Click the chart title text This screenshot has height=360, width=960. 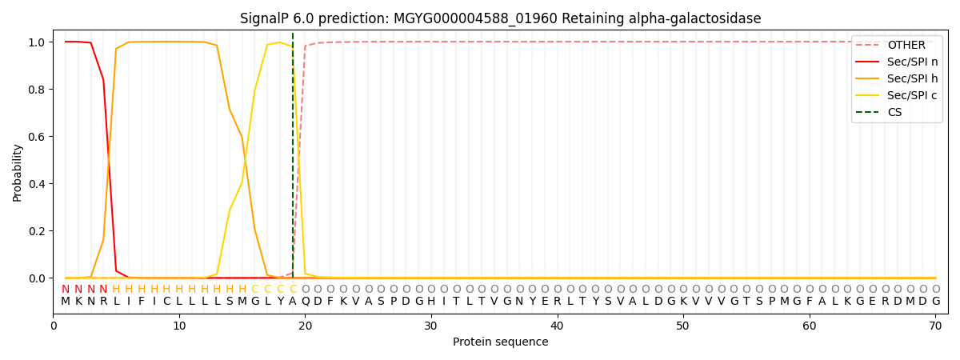500,18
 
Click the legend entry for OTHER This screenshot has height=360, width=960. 906,46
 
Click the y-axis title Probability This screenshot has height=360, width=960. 17,172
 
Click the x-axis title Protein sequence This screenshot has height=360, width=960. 500,342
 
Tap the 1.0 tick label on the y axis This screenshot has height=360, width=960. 38,42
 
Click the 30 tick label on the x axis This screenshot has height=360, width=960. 431,326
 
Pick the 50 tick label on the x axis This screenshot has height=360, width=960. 682,326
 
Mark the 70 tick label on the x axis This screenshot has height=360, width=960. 934,326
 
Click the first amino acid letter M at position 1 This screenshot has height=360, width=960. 66,302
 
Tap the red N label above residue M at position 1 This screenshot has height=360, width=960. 66,290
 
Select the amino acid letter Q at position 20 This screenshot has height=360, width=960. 305,302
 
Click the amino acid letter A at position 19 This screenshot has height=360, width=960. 293,302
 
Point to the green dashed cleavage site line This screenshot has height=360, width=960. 293,160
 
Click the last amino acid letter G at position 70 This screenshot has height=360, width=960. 935,302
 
